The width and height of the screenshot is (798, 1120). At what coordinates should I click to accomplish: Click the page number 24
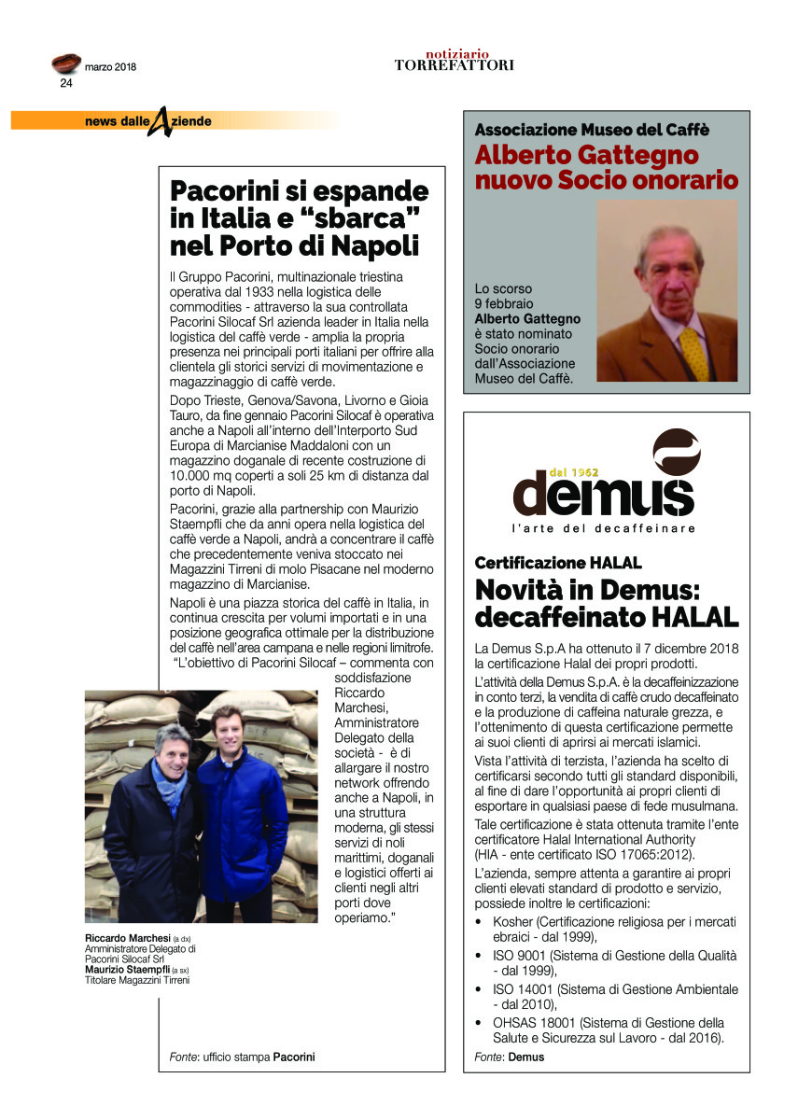[66, 82]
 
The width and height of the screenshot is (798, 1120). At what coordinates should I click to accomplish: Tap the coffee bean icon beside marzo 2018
[65, 63]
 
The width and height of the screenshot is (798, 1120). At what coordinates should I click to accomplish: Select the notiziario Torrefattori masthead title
[454, 61]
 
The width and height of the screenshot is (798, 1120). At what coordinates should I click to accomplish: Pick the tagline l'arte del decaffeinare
[604, 529]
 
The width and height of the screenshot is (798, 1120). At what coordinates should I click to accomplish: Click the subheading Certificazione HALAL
[558, 563]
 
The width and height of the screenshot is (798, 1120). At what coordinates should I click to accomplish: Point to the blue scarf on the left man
[170, 784]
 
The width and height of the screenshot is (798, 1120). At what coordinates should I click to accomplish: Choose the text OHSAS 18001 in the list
[533, 1023]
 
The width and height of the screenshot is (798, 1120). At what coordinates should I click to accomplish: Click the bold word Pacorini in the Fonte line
[294, 1057]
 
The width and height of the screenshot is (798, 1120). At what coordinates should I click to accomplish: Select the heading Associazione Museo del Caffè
[592, 130]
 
